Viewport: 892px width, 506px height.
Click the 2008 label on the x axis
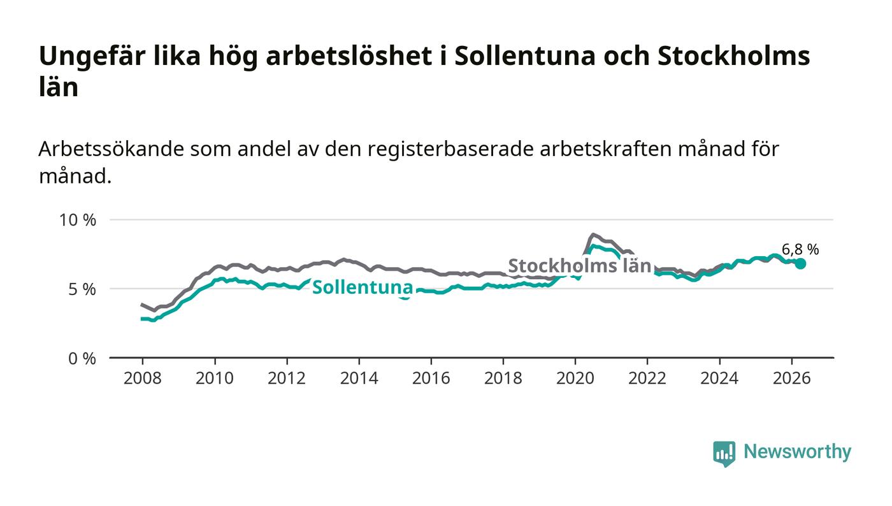coord(142,378)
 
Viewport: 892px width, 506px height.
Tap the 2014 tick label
coord(359,378)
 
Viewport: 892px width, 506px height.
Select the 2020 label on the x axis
coord(575,378)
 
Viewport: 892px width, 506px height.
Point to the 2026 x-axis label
coord(791,378)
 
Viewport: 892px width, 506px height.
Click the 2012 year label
coord(286,378)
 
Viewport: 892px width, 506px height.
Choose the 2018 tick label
coord(503,378)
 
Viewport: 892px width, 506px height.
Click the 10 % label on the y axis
coord(78,220)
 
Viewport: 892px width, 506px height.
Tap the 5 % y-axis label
coord(82,289)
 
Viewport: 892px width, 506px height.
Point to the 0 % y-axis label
coord(82,359)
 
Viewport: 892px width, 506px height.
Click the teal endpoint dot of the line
coord(800,263)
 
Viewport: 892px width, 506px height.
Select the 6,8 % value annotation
coord(800,249)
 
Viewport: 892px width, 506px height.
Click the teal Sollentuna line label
coord(363,287)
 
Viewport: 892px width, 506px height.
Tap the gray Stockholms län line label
coord(580,266)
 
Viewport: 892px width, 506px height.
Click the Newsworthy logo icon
coord(724,454)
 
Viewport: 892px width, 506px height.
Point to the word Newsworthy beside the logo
coord(797,452)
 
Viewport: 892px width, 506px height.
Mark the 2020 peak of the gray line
coord(593,235)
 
